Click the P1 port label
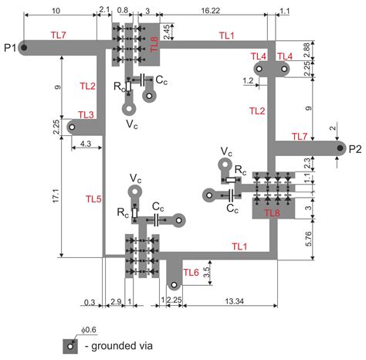10,48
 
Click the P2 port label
355,149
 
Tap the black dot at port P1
24,48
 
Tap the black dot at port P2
340,148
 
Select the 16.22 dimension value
211,10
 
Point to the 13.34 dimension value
235,301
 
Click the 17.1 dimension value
56,195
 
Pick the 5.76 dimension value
308,239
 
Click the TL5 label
93,199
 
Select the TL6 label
191,272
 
